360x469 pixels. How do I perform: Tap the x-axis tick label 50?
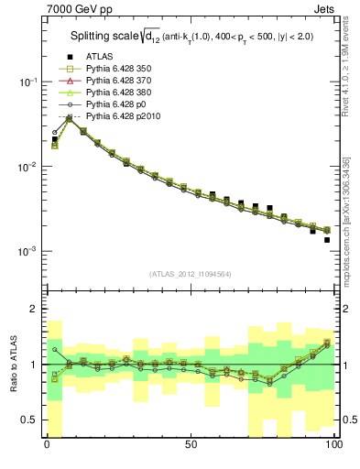pos(191,445)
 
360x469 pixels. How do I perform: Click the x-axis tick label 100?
pos(333,445)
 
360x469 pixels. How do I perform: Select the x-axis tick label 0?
pos(47,445)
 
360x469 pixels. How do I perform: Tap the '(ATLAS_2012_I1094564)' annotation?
pos(191,274)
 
